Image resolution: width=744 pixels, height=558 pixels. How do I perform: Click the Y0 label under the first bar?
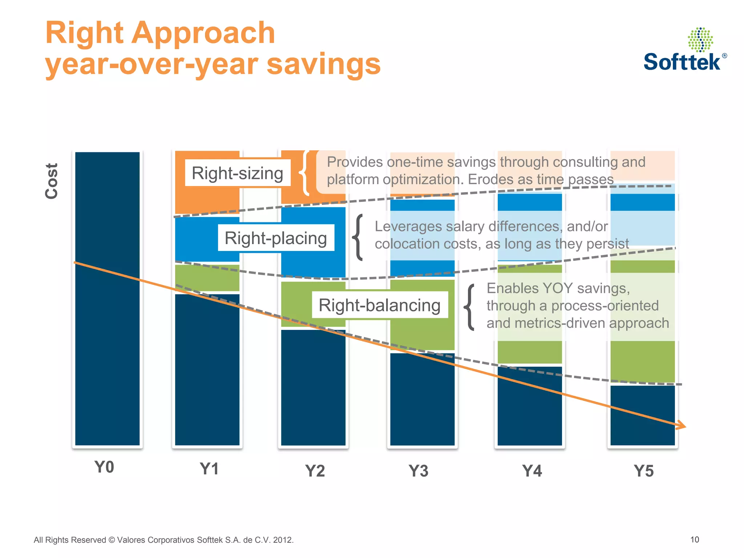(x=104, y=467)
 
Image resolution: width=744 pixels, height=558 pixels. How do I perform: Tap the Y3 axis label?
(x=418, y=471)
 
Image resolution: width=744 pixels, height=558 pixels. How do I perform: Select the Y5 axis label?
(x=644, y=471)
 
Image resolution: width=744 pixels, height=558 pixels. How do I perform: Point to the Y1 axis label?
(x=209, y=469)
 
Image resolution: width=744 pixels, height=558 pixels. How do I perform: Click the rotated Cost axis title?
(x=52, y=181)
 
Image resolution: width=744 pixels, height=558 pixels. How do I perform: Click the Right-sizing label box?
(x=238, y=173)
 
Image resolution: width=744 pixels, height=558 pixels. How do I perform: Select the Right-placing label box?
(x=276, y=238)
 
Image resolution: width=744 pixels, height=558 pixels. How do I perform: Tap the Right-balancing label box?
(x=380, y=305)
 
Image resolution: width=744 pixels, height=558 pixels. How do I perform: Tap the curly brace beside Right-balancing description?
(x=470, y=307)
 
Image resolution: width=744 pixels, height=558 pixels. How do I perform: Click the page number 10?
(x=694, y=539)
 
